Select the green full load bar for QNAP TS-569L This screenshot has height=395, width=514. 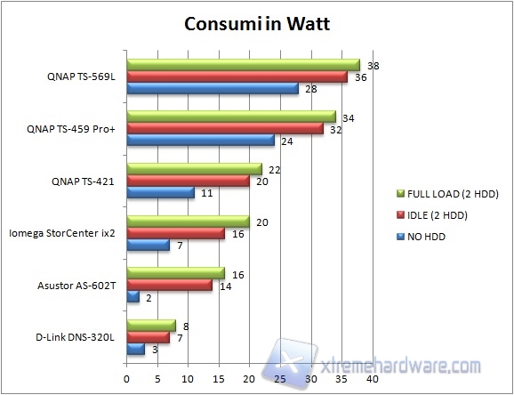(x=243, y=65)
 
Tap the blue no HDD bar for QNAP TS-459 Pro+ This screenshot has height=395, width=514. (x=200, y=141)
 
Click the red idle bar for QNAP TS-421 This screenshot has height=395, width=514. (x=188, y=181)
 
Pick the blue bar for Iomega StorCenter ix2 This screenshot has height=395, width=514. (x=148, y=245)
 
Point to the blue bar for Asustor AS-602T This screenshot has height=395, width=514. (x=133, y=296)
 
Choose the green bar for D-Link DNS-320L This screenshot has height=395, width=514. (x=151, y=326)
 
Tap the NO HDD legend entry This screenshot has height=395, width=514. (x=426, y=237)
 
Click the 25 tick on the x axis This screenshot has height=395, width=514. (x=280, y=379)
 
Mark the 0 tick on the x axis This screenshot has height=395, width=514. (x=127, y=379)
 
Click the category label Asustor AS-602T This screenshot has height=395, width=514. (x=77, y=286)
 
